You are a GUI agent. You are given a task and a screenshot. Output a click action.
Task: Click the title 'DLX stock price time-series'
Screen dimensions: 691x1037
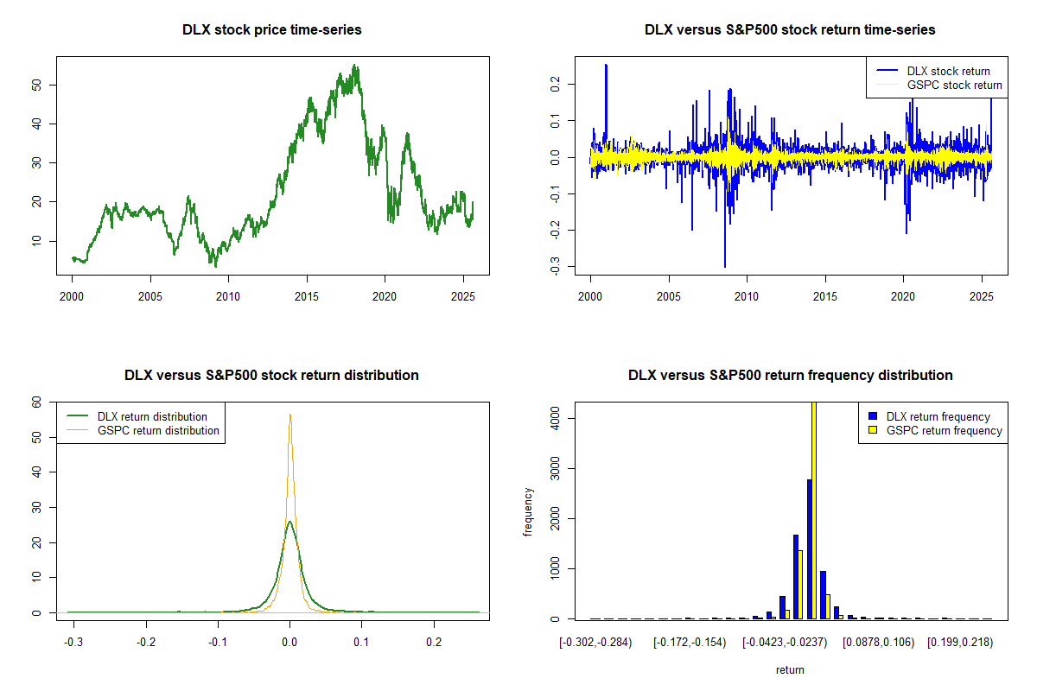[272, 30]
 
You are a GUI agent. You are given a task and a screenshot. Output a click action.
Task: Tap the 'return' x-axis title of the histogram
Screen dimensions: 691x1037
[790, 669]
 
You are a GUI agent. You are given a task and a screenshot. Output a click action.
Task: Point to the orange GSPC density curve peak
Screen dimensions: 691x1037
[290, 415]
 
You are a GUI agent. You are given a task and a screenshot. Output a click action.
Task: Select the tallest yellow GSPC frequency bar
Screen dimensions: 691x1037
[814, 510]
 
